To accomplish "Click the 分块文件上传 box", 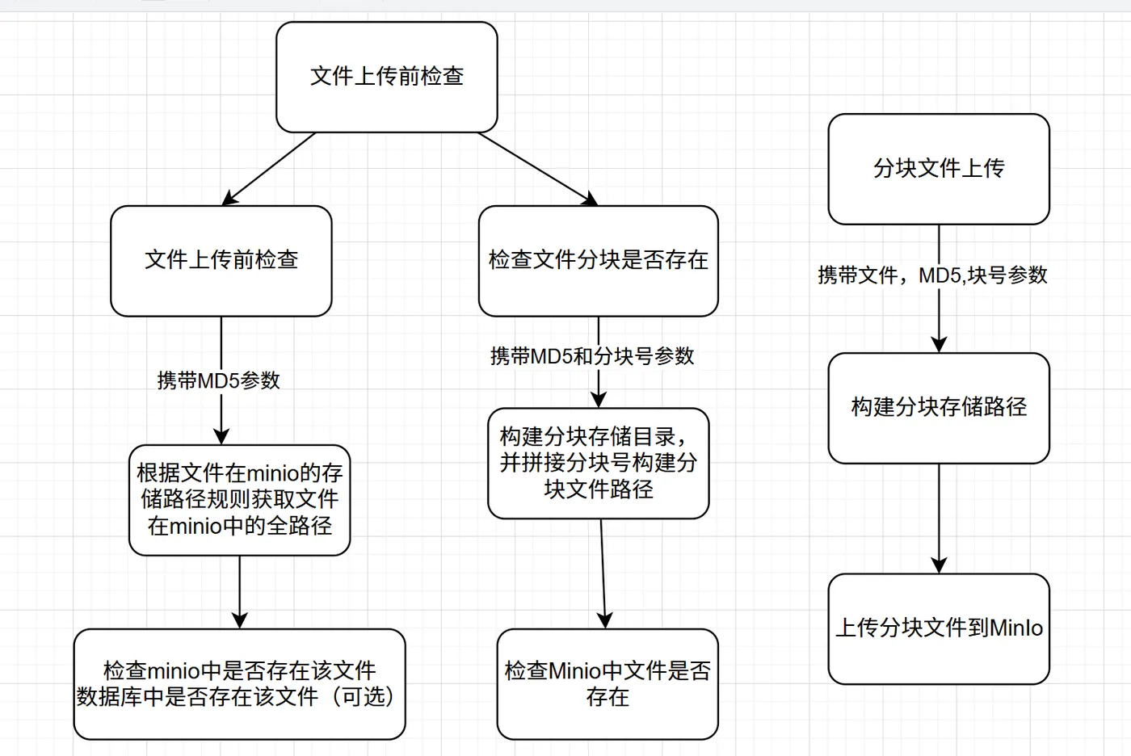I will pyautogui.click(x=939, y=169).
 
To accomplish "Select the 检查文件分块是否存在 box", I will pyautogui.click(x=598, y=260).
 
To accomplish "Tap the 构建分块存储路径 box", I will pyautogui.click(x=939, y=407).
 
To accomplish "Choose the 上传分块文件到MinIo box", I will pyautogui.click(x=939, y=628).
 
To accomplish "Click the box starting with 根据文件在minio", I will pyautogui.click(x=239, y=500).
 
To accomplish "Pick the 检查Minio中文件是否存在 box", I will pyautogui.click(x=608, y=683).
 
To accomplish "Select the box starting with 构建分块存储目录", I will pyautogui.click(x=598, y=463).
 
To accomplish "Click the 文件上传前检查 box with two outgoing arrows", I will pyautogui.click(x=386, y=77).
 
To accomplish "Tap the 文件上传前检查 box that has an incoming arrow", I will pyautogui.click(x=221, y=260).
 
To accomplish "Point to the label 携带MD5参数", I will pyautogui.click(x=219, y=380).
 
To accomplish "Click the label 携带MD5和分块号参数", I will pyautogui.click(x=592, y=356).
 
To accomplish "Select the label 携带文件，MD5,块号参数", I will pyautogui.click(x=932, y=275).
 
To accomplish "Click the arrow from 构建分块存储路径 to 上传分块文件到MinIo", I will pyautogui.click(x=939, y=517).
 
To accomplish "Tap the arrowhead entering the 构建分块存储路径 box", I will pyautogui.click(x=939, y=344).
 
